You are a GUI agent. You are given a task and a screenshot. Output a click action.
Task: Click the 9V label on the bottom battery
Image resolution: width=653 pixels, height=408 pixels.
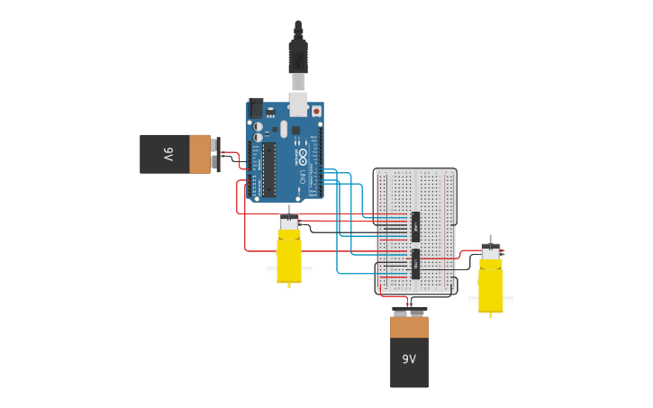(x=409, y=359)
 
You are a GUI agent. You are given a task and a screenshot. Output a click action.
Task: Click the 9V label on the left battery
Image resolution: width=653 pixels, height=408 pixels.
(x=168, y=154)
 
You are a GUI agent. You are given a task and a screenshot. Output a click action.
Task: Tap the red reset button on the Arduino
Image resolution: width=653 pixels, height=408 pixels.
(x=316, y=111)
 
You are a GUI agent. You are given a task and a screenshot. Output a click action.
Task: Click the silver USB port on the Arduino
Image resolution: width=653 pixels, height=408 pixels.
(x=297, y=104)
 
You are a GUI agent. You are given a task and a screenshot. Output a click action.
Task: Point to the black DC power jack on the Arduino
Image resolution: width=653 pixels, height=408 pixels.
(x=256, y=108)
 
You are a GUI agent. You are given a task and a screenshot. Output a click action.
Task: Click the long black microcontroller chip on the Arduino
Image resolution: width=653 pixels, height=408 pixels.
(x=268, y=169)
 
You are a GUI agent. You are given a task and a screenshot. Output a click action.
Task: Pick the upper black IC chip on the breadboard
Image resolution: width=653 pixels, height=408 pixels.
(x=415, y=226)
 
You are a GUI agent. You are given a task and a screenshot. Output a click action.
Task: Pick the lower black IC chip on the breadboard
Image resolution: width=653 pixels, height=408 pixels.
(x=415, y=264)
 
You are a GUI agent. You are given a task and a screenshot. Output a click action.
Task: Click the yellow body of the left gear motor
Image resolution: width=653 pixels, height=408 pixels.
(x=289, y=256)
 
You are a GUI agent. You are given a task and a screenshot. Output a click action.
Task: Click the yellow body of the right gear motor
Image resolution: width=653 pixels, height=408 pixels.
(x=491, y=286)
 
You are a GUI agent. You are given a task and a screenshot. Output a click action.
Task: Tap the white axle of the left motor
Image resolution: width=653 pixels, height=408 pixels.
(x=289, y=269)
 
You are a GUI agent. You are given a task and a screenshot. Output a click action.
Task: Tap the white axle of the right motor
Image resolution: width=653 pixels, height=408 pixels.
(x=491, y=299)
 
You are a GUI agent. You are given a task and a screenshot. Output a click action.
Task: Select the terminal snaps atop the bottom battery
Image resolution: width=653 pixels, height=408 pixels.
(x=409, y=312)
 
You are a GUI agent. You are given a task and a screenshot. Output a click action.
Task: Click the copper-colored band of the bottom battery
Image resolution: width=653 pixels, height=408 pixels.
(x=409, y=327)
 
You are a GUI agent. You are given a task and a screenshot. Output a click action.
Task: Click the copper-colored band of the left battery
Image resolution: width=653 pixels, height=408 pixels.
(x=200, y=154)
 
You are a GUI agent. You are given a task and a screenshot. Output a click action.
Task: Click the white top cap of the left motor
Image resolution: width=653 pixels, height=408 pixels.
(x=289, y=222)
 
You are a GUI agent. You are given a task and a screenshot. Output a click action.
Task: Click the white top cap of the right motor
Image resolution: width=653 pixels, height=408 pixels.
(x=491, y=253)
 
